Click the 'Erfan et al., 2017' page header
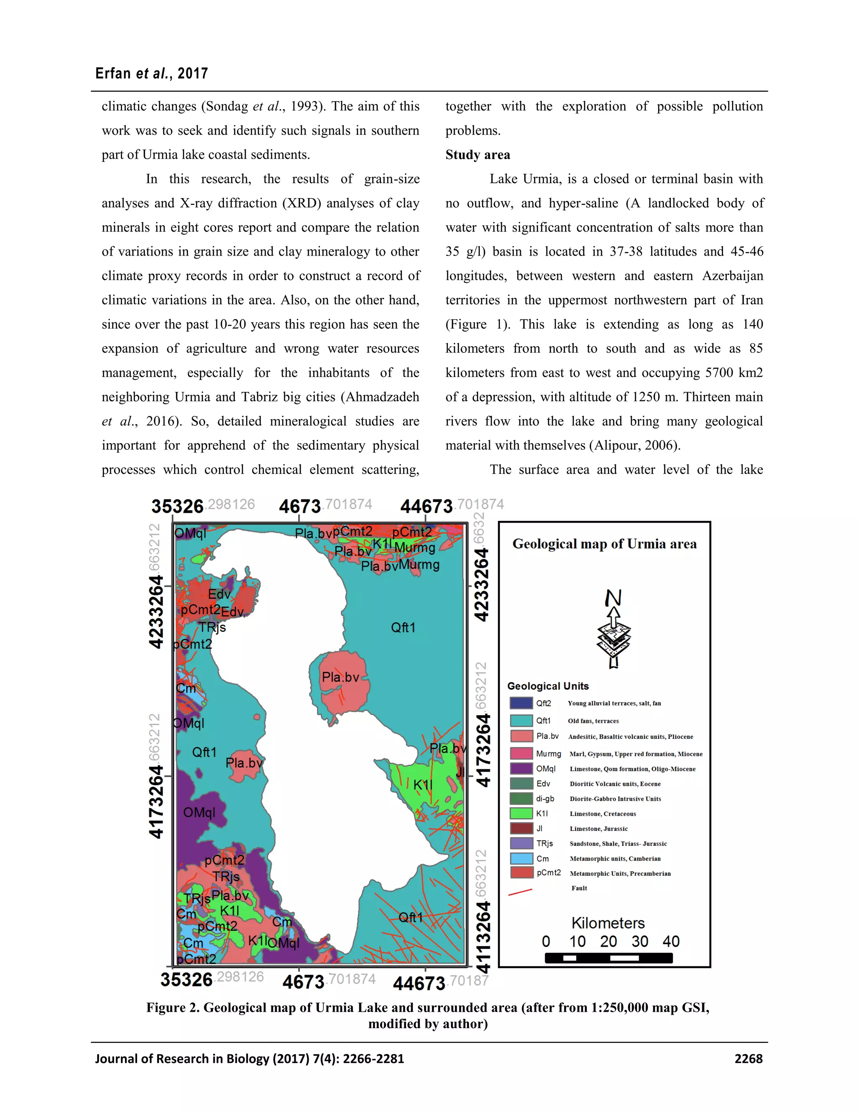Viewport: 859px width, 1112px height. pos(152,73)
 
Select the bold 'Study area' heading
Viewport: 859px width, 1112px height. pos(477,155)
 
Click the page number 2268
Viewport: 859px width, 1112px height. pos(748,1059)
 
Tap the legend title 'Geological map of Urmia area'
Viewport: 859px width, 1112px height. pos(604,544)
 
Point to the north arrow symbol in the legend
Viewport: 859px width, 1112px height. pos(614,629)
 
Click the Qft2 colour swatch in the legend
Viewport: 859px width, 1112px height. pos(521,703)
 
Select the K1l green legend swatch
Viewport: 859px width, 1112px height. pos(521,814)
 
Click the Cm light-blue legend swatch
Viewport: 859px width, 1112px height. pos(521,859)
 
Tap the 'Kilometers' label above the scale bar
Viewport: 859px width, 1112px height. pos(608,923)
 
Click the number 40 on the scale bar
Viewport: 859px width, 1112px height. pos(671,942)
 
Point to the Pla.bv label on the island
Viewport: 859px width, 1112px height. pos(341,677)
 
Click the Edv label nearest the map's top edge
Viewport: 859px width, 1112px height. pos(219,594)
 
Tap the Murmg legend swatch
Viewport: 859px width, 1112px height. pos(521,754)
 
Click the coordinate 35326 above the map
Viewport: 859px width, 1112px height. pos(177,506)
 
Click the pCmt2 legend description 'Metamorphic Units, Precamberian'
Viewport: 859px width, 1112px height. pos(620,873)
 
